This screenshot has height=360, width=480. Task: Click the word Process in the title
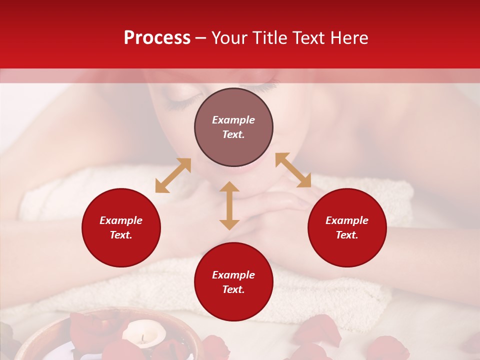tap(157, 38)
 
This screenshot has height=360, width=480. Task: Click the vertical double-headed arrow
tap(229, 205)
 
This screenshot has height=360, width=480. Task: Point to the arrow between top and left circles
tap(173, 175)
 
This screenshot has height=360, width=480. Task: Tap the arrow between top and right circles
tap(293, 170)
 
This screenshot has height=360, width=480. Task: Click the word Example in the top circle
tap(233, 120)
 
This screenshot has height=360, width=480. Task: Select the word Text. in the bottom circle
tap(233, 289)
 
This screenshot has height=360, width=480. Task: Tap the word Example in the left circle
tap(121, 220)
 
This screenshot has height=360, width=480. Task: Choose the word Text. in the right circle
tap(347, 235)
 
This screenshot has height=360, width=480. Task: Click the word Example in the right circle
tap(347, 220)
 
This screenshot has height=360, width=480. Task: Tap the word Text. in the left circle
tap(121, 235)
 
